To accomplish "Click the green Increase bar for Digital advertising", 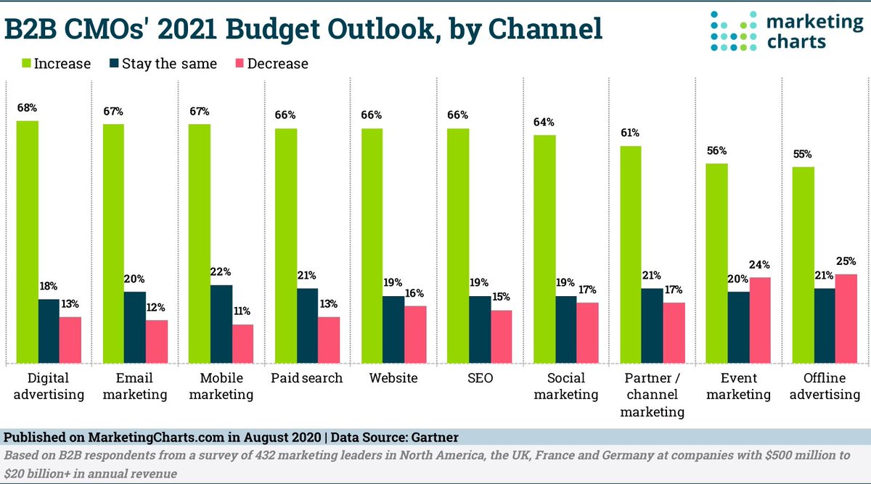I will pos(28,242).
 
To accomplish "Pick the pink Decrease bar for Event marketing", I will pos(761,320).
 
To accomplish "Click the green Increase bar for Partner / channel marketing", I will pos(631,254).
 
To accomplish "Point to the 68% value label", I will pos(28,108).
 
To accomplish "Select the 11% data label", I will pos(242,311).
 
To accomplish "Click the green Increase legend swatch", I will pos(13,64).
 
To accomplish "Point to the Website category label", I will pos(393,378).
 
